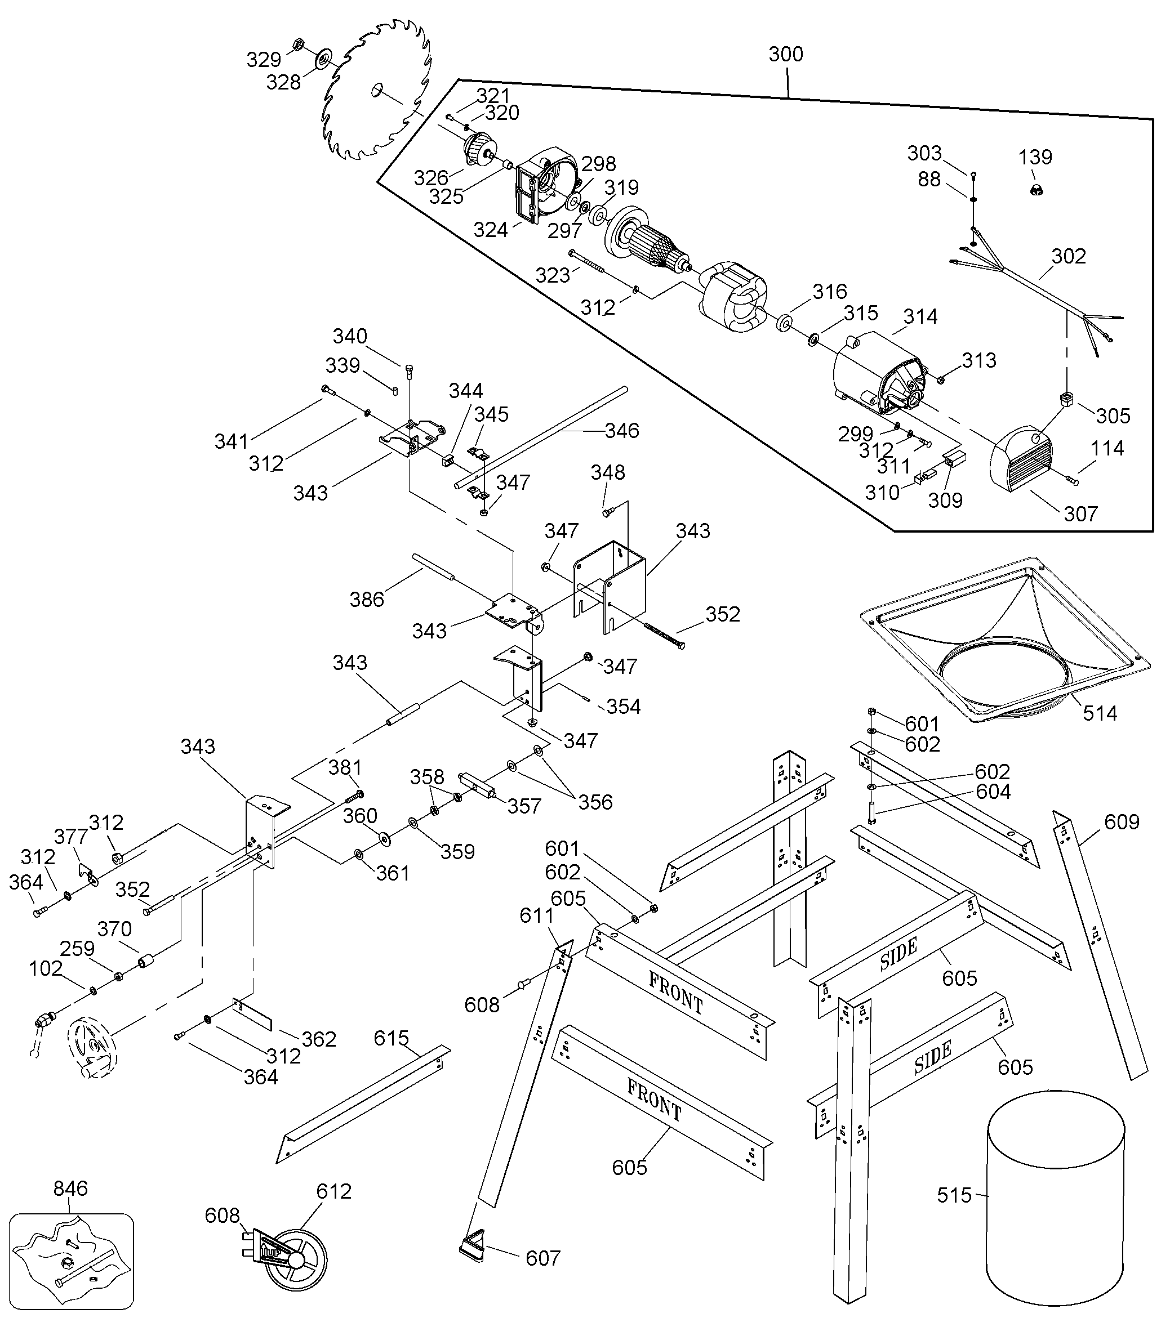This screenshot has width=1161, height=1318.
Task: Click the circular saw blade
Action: tap(377, 90)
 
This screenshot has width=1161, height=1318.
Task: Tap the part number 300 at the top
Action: tap(786, 54)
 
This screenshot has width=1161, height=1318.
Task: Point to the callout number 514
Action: tap(1100, 713)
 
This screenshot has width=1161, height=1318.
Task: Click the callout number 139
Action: tap(1035, 157)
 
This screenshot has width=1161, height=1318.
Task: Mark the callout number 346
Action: tap(622, 430)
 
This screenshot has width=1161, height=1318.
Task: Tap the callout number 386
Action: tap(366, 599)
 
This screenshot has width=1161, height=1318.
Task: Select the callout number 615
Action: tap(392, 1038)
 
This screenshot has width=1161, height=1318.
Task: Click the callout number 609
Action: tap(1122, 821)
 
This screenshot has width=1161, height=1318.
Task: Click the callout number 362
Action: tap(319, 1039)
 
